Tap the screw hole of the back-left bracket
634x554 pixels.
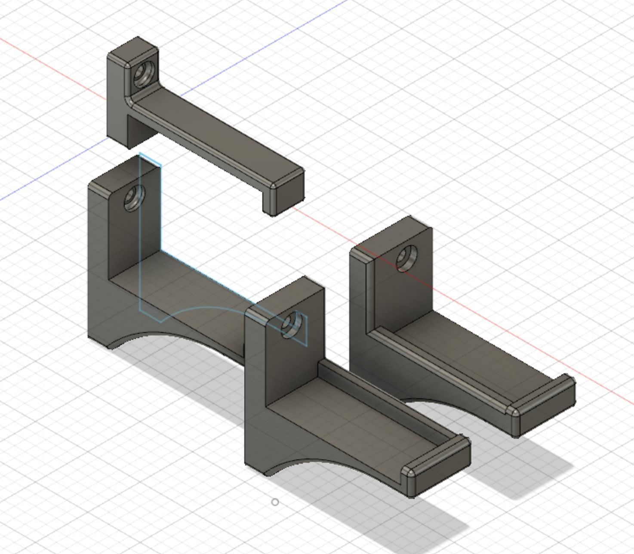[x=134, y=198]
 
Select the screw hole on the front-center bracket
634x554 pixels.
[x=292, y=325]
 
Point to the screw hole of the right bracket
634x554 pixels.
[x=406, y=259]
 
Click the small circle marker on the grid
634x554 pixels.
[x=275, y=502]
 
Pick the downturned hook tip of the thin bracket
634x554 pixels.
[x=284, y=194]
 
